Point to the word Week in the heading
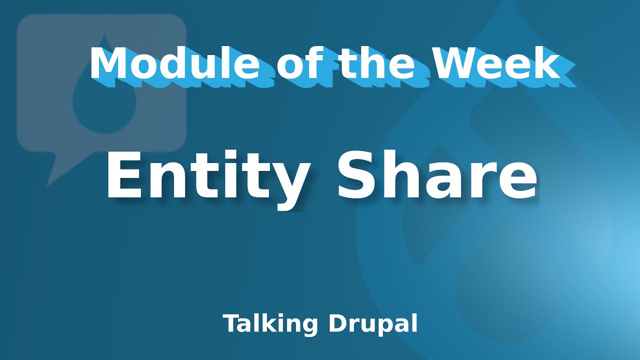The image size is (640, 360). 496,63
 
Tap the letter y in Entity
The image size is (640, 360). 284,185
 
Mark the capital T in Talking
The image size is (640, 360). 231,323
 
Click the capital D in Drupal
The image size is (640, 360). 337,323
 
